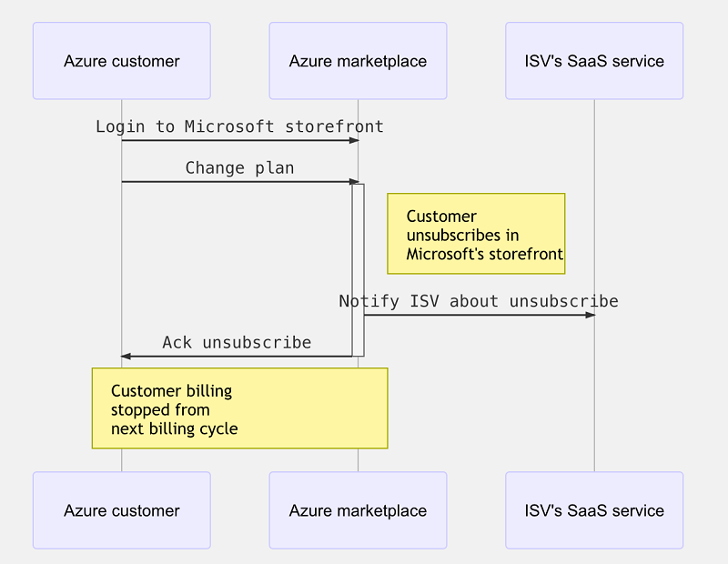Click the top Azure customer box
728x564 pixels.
coord(121,61)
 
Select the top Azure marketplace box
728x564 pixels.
coord(358,61)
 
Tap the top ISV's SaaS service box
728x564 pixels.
coord(594,61)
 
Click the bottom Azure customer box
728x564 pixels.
coord(121,510)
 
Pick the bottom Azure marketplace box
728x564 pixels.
coord(358,510)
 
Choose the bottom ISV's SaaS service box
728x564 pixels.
coord(594,510)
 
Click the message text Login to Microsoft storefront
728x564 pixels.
coord(239,126)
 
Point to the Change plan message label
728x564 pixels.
coord(239,168)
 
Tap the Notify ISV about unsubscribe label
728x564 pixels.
coord(479,301)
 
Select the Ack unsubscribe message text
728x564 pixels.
coord(237,343)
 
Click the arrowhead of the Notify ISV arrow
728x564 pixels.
coord(590,315)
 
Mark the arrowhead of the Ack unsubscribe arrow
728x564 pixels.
coord(126,357)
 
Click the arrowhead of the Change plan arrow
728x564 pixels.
coord(354,182)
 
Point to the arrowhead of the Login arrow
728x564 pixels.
coord(354,140)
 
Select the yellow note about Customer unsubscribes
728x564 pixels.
coord(476,234)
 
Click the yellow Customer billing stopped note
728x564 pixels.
coord(239,408)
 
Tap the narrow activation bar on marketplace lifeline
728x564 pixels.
coord(359,269)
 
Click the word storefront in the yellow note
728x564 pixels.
coord(527,255)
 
